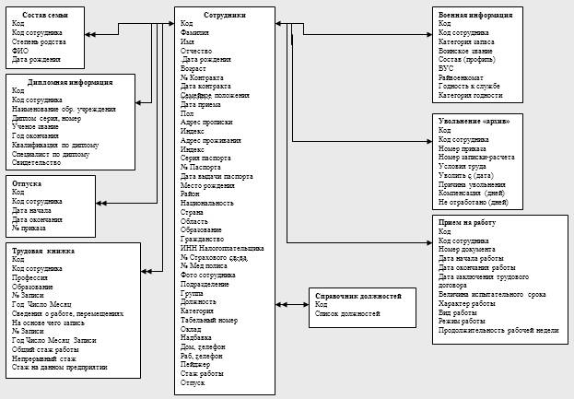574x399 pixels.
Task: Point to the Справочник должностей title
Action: pos(357,296)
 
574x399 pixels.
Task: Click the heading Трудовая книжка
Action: pos(43,250)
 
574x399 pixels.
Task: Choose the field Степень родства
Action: pos(40,41)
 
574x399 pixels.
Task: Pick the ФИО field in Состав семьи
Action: pos(20,51)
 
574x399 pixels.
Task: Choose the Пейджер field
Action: pos(197,364)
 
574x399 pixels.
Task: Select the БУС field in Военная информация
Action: pos(447,67)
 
